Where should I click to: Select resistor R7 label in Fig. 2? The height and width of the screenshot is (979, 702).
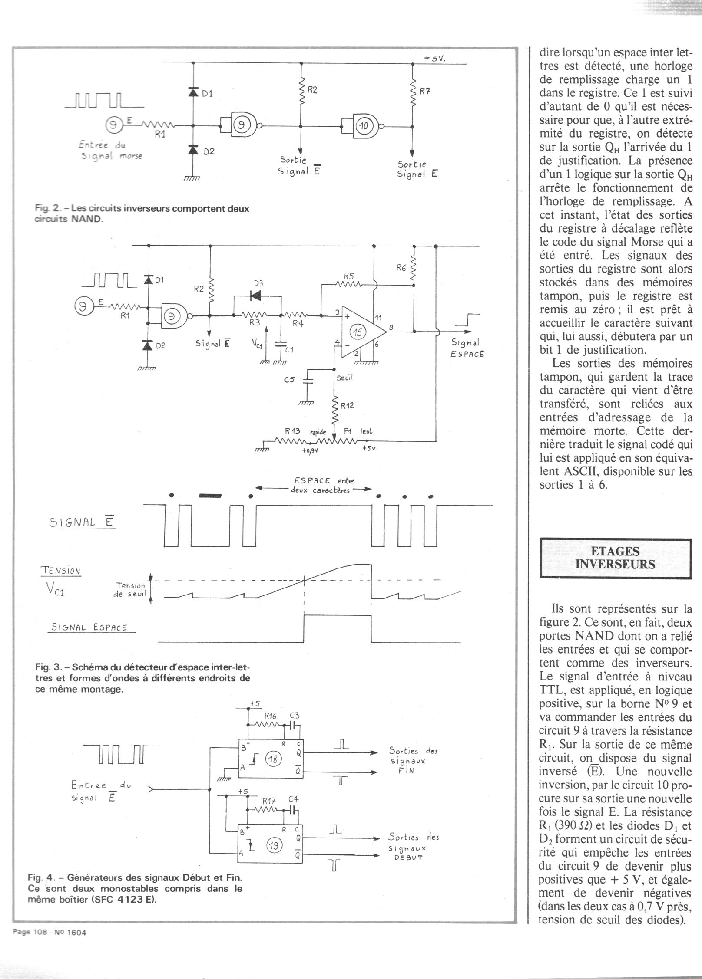[x=425, y=92]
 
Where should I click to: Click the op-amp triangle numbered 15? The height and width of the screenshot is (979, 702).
[x=360, y=332]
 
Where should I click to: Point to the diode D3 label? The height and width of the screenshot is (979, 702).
[x=258, y=283]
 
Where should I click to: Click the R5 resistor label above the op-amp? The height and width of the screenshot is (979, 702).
[x=349, y=276]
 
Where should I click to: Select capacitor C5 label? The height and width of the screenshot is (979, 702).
[x=289, y=379]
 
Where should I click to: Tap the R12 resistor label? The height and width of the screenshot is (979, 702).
[x=347, y=406]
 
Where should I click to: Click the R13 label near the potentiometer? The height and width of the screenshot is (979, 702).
[x=293, y=431]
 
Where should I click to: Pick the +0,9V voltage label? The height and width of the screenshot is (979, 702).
[x=310, y=450]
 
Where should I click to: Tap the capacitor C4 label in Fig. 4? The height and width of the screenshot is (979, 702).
[x=293, y=799]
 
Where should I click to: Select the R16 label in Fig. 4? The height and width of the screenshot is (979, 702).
[x=270, y=716]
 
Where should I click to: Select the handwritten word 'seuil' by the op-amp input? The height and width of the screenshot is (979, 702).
[x=345, y=378]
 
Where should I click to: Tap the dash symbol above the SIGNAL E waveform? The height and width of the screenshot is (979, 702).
[x=210, y=496]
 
